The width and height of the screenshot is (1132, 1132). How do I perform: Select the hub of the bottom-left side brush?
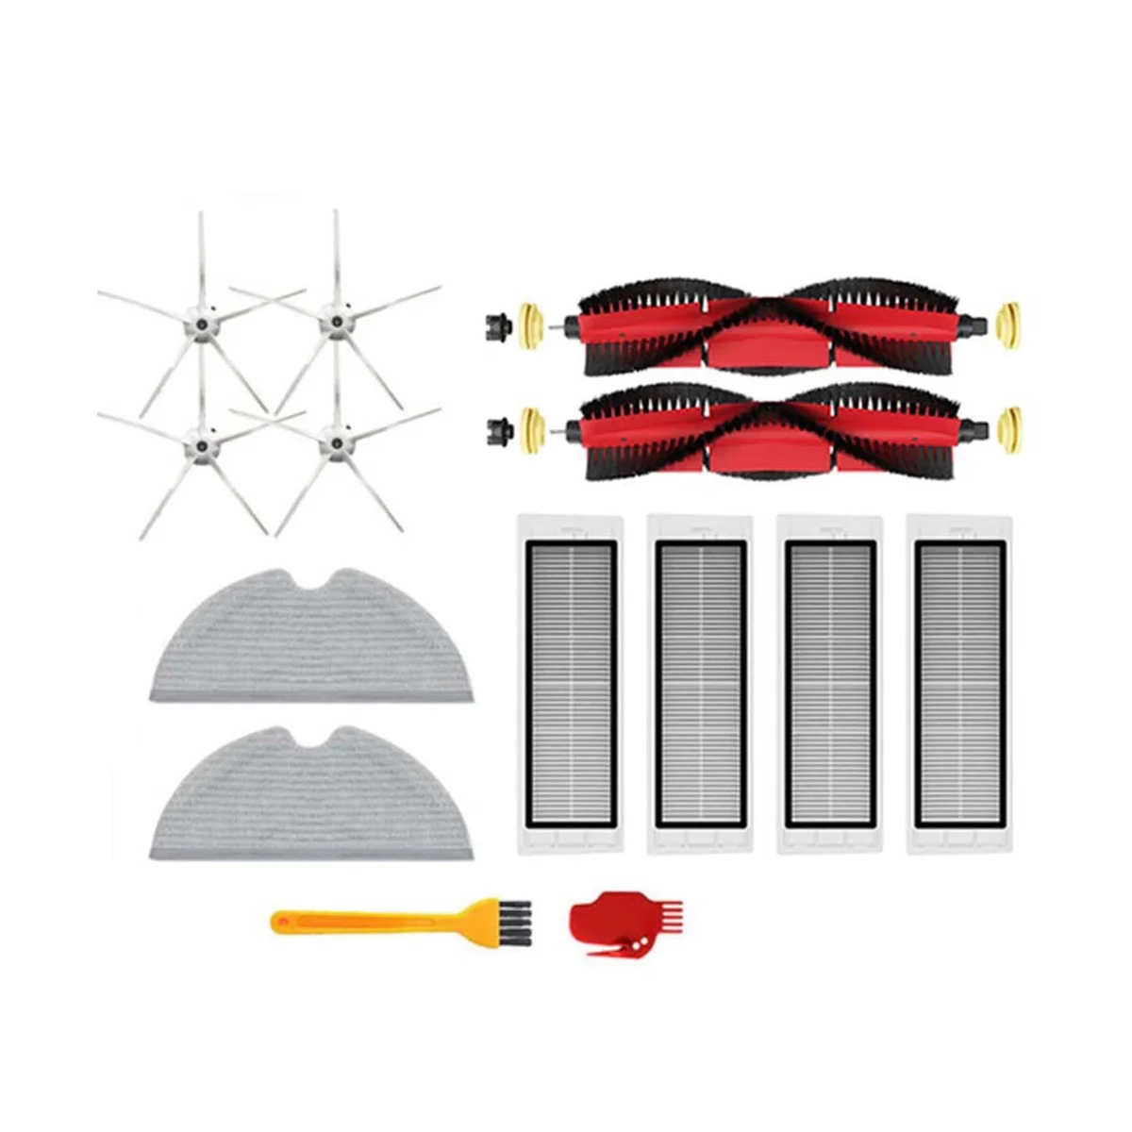click(x=200, y=440)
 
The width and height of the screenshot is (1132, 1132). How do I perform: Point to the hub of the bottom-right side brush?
click(x=331, y=440)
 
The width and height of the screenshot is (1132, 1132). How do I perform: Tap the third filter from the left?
click(x=830, y=684)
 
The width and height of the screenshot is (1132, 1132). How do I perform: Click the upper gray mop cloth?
click(x=311, y=641)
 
